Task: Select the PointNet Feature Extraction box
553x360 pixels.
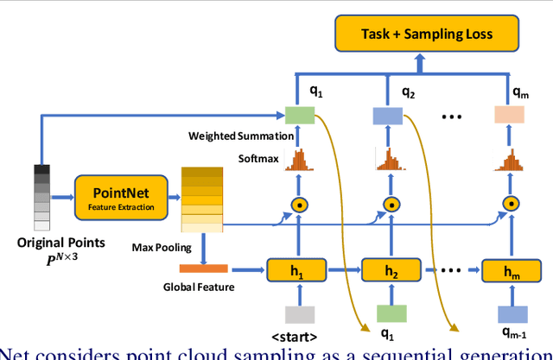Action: click(117, 199)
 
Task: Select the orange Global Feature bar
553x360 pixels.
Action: click(204, 268)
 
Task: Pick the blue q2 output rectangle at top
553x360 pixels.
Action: click(389, 115)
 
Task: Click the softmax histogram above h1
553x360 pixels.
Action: click(296, 161)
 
